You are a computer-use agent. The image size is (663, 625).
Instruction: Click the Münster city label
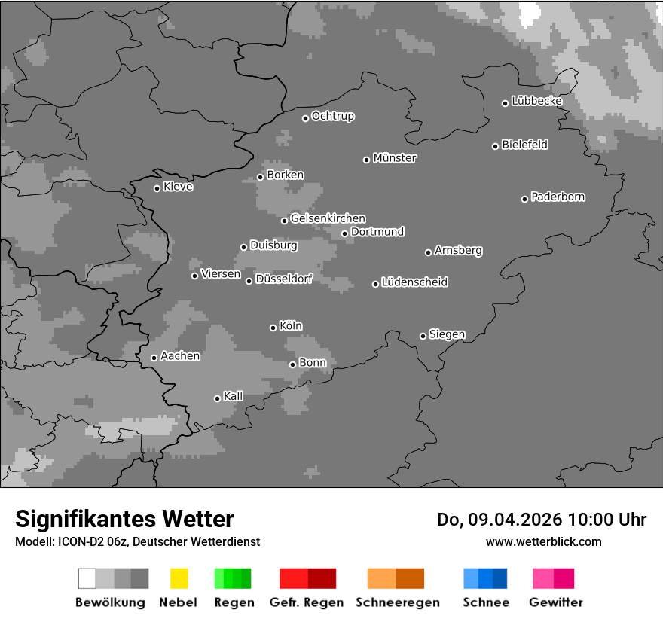[x=395, y=158]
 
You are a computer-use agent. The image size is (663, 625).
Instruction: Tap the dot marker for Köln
[x=273, y=328]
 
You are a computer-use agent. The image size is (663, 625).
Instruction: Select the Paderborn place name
[x=558, y=197]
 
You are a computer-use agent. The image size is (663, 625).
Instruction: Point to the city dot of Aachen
[x=154, y=358]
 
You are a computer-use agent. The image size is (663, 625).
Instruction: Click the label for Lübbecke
[x=536, y=101]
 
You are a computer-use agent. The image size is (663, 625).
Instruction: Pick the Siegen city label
[x=447, y=334]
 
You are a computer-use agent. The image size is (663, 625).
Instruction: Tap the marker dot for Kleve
[x=157, y=188]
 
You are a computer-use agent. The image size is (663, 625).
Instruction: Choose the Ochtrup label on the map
[x=333, y=116]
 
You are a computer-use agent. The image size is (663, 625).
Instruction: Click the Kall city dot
[x=217, y=398]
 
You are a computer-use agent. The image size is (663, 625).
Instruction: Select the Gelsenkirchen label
[x=328, y=218]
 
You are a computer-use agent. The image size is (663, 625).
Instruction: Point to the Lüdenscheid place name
[x=414, y=282]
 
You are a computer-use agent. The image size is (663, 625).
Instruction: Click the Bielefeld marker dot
[x=495, y=146]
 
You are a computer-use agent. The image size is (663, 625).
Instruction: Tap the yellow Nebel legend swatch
[x=179, y=578]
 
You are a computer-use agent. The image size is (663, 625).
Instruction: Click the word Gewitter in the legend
[x=556, y=602]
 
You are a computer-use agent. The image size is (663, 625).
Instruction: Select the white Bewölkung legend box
[x=87, y=578]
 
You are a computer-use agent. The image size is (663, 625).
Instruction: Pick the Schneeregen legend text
[x=397, y=602]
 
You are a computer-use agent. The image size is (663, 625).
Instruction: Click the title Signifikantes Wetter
[x=124, y=519]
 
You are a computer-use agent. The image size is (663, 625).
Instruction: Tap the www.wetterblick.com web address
[x=543, y=541]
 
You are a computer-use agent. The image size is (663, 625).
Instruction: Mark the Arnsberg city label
[x=458, y=250]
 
